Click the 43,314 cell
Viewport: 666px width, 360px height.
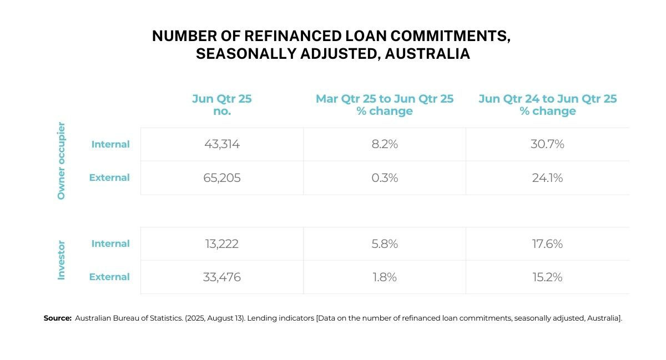[x=222, y=144]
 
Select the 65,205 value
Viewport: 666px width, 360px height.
[x=222, y=178]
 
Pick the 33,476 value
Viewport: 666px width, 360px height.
[x=222, y=277]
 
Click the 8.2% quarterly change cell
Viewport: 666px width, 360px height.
[x=385, y=144]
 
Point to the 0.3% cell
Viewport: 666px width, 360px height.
[x=385, y=178]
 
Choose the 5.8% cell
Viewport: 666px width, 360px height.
[x=385, y=244]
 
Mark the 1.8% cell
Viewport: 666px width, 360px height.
[x=385, y=277]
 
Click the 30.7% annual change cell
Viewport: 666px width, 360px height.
[x=547, y=144]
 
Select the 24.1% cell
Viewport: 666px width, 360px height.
[x=547, y=178]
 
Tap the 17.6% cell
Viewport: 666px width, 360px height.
[x=547, y=244]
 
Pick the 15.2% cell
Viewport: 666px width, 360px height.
[x=547, y=277]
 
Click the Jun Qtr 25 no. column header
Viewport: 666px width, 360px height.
[x=222, y=105]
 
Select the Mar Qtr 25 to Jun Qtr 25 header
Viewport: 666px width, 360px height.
[x=385, y=105]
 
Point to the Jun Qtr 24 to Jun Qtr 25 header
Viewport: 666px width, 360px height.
[x=548, y=105]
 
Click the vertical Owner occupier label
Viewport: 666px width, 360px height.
[x=62, y=161]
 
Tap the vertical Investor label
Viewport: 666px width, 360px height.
[x=62, y=260]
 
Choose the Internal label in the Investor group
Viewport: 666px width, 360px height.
[x=110, y=244]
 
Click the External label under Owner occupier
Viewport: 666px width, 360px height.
[x=109, y=178]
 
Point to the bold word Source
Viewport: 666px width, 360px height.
[x=58, y=318]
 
